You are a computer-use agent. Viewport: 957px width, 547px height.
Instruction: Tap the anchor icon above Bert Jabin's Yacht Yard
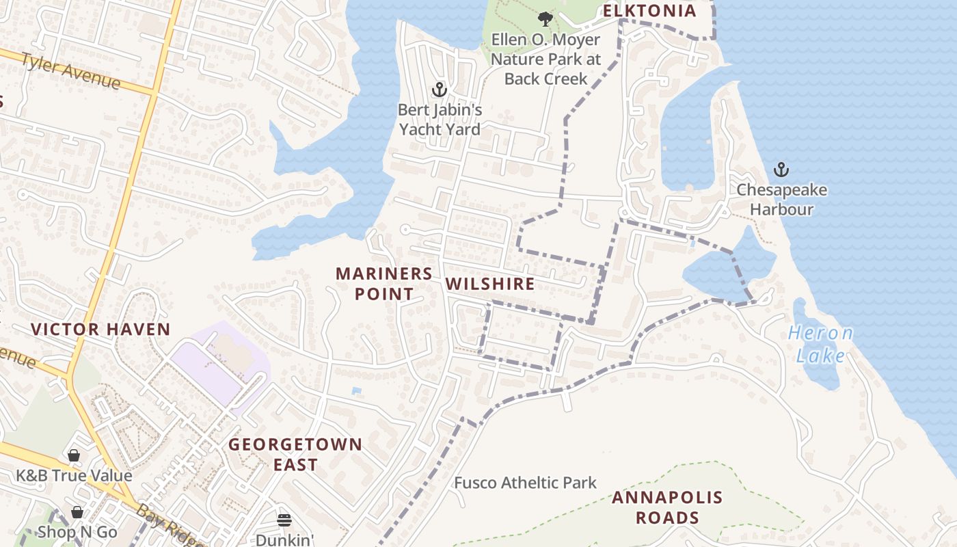tap(440, 90)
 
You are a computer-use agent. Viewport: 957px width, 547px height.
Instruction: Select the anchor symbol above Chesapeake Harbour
tap(781, 170)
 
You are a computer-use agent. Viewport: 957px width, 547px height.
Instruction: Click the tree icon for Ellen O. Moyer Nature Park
tap(545, 18)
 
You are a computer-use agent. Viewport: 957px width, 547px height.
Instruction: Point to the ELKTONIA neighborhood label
tap(649, 11)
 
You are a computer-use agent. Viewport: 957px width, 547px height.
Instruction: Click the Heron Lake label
tap(820, 344)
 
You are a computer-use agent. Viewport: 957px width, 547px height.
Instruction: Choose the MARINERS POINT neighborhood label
tap(383, 284)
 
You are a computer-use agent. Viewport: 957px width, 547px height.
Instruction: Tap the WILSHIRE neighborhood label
tap(489, 284)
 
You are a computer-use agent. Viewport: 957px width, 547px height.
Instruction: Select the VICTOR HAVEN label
tap(100, 329)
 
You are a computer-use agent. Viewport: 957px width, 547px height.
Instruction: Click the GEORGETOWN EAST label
tap(295, 454)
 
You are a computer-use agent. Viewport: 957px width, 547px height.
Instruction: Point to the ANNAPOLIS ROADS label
tap(666, 507)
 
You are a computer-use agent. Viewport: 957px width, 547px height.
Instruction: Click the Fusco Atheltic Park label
tap(525, 483)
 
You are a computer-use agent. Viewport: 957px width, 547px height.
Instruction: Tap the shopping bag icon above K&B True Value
tap(74, 455)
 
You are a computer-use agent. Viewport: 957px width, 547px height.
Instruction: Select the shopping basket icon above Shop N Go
tap(77, 512)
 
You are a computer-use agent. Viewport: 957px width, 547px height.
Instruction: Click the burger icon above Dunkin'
tap(284, 520)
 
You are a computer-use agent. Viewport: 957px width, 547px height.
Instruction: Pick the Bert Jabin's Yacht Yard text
tap(440, 119)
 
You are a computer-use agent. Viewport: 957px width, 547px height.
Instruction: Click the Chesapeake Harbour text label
tap(781, 199)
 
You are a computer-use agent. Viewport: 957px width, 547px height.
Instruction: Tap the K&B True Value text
tap(74, 475)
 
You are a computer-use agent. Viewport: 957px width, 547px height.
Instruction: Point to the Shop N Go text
tap(77, 531)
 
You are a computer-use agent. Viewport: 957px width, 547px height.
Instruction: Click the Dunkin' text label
tap(284, 539)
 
